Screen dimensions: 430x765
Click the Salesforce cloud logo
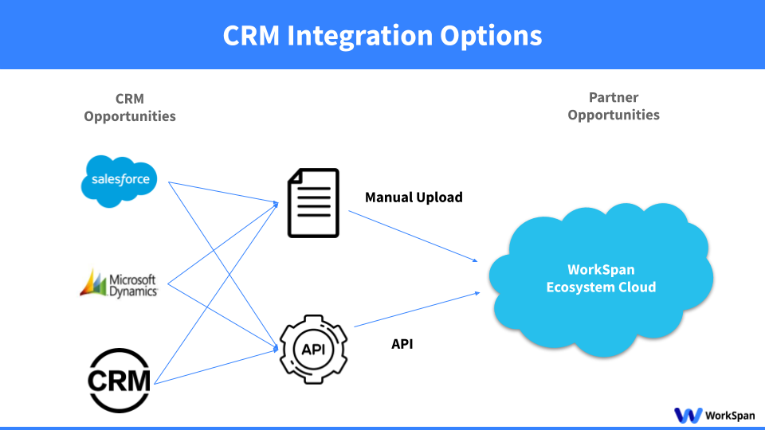pos(120,180)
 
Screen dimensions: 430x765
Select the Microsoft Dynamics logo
pos(119,283)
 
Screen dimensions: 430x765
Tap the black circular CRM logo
pos(120,380)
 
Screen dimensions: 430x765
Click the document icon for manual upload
pos(313,202)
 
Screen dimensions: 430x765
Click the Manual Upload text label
pos(414,197)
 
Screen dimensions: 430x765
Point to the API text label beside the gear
pos(402,344)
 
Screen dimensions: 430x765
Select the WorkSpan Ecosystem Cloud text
pos(601,278)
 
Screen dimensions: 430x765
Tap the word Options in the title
pos(494,36)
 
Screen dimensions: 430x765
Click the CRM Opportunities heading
pos(130,107)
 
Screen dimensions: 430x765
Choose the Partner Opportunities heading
pos(614,106)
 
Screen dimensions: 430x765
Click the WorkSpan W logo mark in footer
pos(688,415)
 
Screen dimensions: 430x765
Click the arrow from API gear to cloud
pos(416,309)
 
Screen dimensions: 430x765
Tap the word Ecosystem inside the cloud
pos(580,287)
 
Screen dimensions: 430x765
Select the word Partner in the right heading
pos(614,97)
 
